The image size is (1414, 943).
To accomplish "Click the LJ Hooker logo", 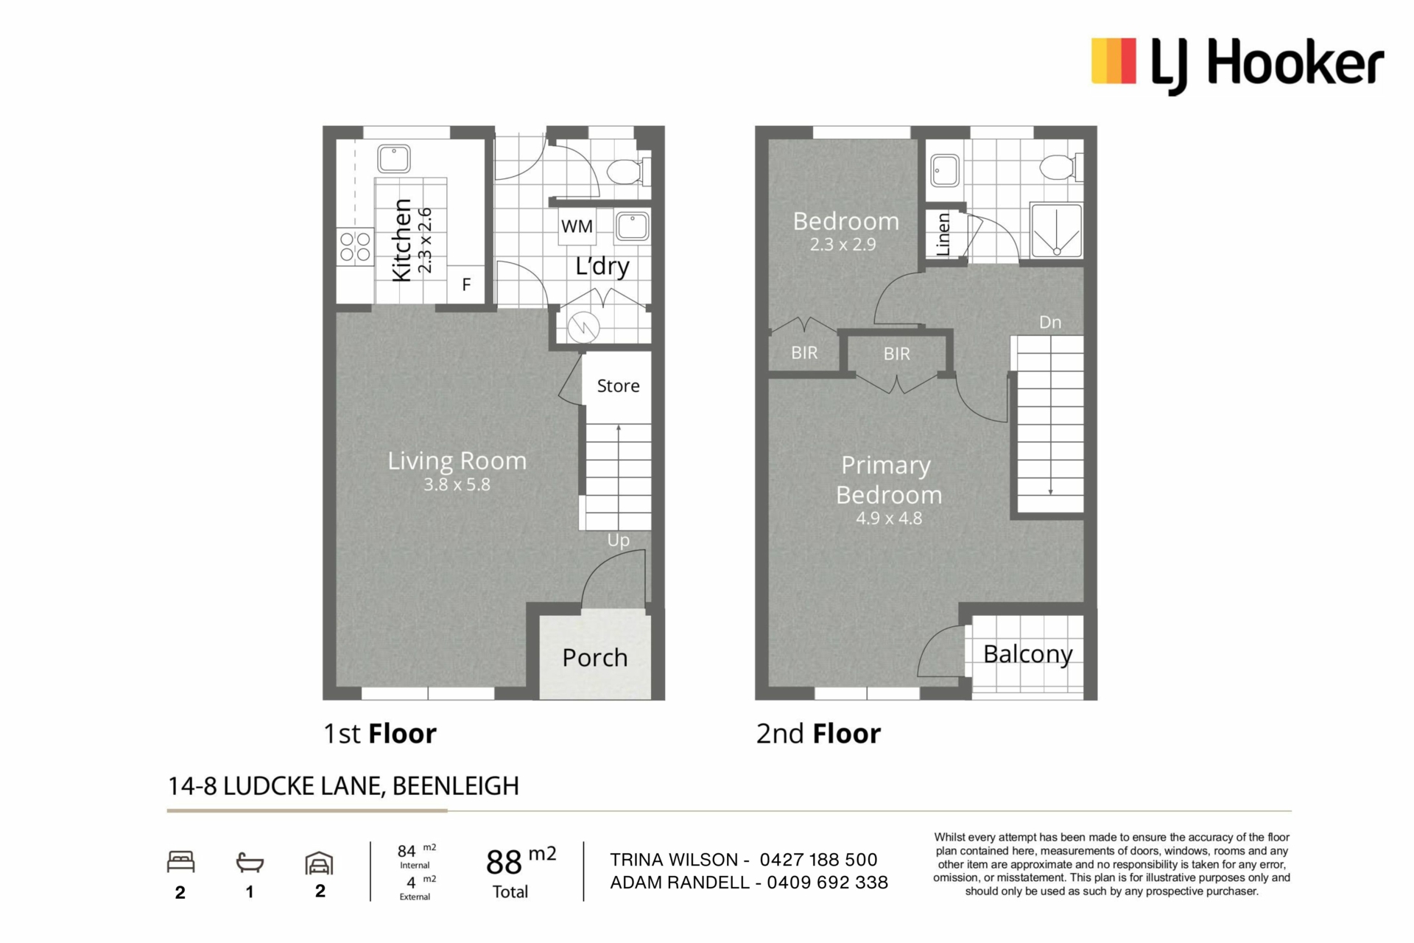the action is [1237, 65].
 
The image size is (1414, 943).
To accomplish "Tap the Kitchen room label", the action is [401, 240].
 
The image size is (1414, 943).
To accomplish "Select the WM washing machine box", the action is [577, 226].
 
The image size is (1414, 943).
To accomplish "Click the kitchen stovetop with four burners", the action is [355, 247].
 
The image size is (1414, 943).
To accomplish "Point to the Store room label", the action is [618, 386].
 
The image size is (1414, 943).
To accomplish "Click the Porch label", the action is [595, 657].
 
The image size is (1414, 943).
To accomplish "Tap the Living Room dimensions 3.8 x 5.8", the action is [457, 485].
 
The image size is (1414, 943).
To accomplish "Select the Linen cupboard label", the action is [943, 234].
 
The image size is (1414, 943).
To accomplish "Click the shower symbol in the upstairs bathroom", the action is [1057, 231].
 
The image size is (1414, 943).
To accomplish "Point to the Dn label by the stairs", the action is [1050, 322].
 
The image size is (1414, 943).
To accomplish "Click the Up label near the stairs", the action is [619, 541].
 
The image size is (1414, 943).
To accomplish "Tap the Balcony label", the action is [1028, 654].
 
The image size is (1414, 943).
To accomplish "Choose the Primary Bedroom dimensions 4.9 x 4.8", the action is [889, 518].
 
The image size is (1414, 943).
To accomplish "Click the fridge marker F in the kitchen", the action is [466, 284].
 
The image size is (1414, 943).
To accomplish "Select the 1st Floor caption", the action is [380, 734].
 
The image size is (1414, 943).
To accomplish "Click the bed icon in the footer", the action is [180, 862].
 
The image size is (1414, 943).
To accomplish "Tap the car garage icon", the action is [320, 863].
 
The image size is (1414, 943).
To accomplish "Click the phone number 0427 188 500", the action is [818, 860].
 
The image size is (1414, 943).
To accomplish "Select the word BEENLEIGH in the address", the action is [456, 786].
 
